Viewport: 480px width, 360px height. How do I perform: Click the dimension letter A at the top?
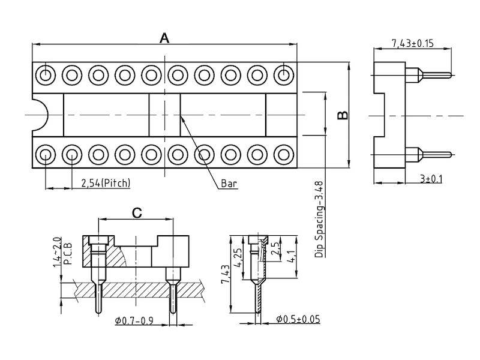[x=164, y=38]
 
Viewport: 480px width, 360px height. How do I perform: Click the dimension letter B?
[x=343, y=115]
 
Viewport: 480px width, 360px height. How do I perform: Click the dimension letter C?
[x=137, y=213]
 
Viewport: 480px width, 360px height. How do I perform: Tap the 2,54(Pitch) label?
[x=106, y=183]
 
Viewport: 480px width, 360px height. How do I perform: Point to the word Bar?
[x=229, y=184]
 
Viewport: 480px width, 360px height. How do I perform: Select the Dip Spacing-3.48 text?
[x=319, y=219]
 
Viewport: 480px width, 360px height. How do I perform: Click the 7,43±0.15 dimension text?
[x=413, y=43]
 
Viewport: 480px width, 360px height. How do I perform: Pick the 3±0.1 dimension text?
[x=431, y=178]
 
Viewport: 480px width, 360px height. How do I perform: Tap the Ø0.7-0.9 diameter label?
[x=134, y=321]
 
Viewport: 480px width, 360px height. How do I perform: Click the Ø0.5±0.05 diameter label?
[x=298, y=319]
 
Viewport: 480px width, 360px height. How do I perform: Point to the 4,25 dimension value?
[x=238, y=257]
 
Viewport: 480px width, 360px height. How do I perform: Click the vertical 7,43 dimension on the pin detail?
[x=226, y=274]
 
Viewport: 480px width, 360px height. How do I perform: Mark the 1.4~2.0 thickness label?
[x=57, y=252]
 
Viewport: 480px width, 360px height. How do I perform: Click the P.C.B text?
[x=67, y=253]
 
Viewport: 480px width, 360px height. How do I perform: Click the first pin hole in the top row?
[x=46, y=74]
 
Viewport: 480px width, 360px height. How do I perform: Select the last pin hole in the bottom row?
[x=284, y=155]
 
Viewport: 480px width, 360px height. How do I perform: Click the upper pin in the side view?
[x=428, y=74]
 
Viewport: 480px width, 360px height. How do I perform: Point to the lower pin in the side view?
[x=428, y=154]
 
